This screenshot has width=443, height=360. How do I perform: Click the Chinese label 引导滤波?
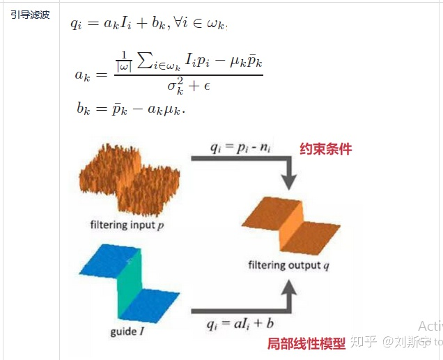point(30,14)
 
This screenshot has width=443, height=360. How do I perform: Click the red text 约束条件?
point(326,149)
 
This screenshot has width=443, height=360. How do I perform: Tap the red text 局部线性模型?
point(306,343)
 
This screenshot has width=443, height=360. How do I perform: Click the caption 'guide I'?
point(127,331)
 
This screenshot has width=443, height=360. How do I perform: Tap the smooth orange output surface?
point(286,224)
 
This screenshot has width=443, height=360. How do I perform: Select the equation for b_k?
point(131,109)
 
